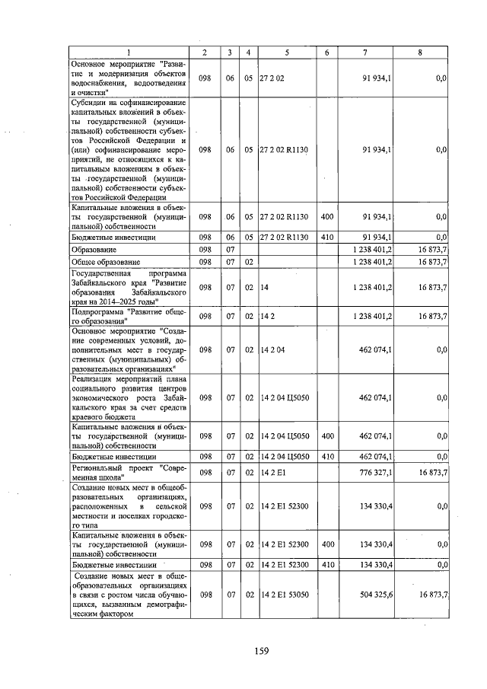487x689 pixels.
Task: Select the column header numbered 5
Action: pyautogui.click(x=286, y=51)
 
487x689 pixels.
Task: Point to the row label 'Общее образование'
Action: pyautogui.click(x=104, y=262)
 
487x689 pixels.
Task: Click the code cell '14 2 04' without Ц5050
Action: pyautogui.click(x=272, y=349)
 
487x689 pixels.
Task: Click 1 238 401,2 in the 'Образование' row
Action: pyautogui.click(x=372, y=250)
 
